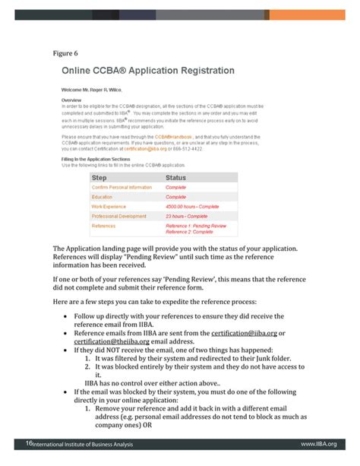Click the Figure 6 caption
[x=65, y=53]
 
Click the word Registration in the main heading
[x=201, y=71]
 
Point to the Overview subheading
[x=71, y=100]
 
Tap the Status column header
[x=175, y=178]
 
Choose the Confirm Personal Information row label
[x=122, y=187]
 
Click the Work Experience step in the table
[x=109, y=206]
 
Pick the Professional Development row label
[x=119, y=216]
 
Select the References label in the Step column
[x=103, y=226]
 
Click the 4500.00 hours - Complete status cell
[x=192, y=206]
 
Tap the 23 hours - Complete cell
[x=186, y=216]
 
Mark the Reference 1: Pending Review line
[x=196, y=226]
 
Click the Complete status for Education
[x=175, y=197]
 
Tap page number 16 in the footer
[x=29, y=443]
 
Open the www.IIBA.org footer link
[x=318, y=444]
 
